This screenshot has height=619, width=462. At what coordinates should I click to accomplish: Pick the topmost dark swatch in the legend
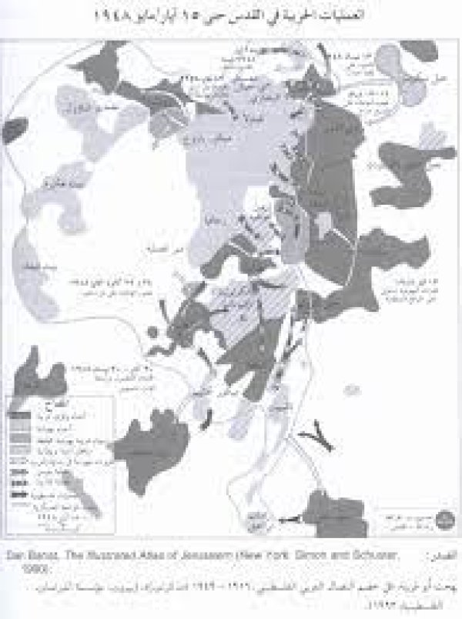[22, 414]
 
